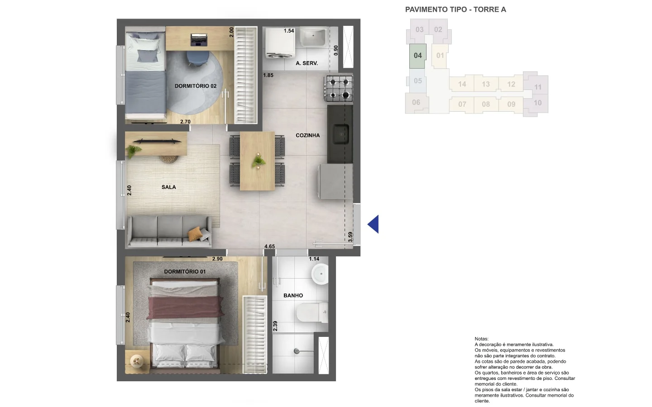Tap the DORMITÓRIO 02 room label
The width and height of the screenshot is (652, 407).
196,86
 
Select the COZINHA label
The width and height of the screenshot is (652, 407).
308,135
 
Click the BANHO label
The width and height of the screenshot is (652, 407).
293,295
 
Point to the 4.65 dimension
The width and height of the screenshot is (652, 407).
269,246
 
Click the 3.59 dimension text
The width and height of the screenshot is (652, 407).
350,237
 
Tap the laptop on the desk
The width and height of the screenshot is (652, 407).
199,39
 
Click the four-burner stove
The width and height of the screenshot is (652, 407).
340,88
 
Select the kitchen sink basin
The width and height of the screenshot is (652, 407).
341,134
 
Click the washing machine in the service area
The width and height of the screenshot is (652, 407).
280,43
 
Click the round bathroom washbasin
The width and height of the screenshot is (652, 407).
320,274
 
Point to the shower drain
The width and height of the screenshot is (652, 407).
297,351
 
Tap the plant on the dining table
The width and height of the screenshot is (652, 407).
259,160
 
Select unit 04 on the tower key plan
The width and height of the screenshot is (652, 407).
417,56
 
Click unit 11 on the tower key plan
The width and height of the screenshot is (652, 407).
537,87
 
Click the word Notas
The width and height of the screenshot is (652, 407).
481,339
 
